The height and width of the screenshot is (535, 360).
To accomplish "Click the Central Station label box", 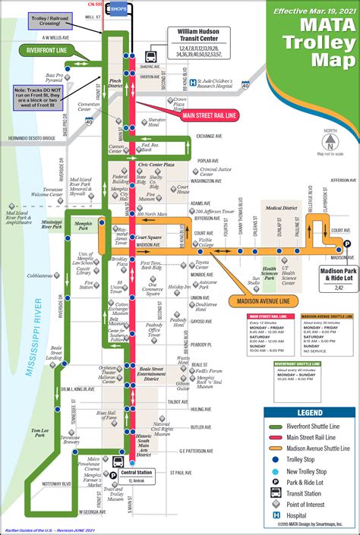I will coord(136,476).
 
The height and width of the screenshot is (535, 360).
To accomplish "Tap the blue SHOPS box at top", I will coord(118,8).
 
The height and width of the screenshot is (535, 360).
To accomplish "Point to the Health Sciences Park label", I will coord(270,272).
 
